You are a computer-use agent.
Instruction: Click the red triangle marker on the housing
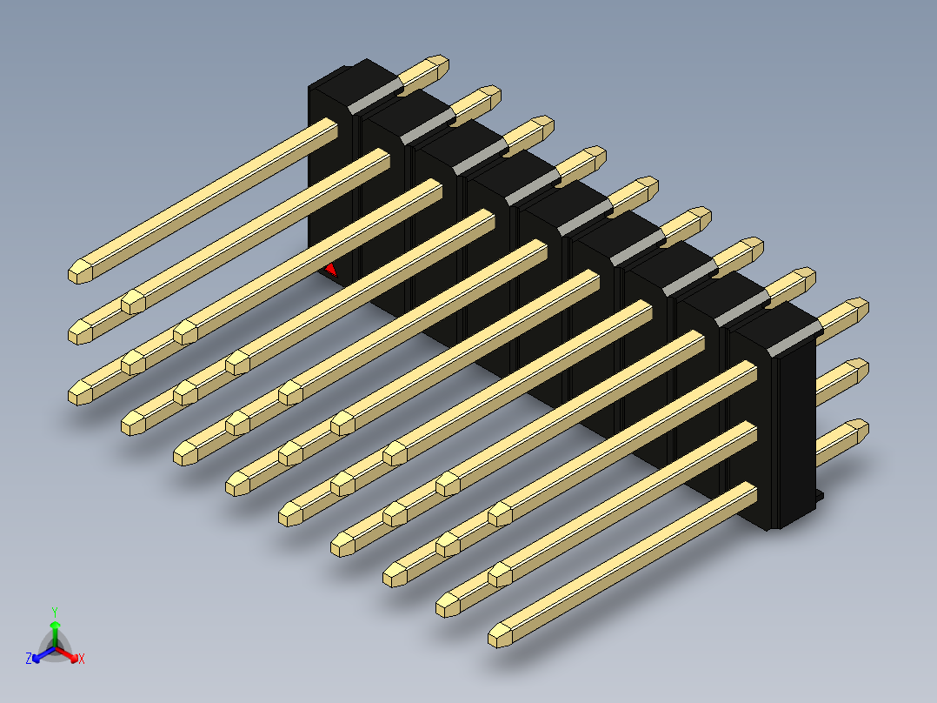[x=330, y=271]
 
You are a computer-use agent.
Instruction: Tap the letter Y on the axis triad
[x=55, y=612]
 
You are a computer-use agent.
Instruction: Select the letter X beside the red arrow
[x=82, y=659]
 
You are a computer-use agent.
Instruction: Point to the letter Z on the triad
[x=29, y=659]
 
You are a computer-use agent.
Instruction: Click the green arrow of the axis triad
[x=55, y=633]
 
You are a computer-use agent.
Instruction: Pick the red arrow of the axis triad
[x=67, y=653]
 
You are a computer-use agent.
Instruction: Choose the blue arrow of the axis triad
[x=43, y=654]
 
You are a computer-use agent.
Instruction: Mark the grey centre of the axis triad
[x=55, y=647]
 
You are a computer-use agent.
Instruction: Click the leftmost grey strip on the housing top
[x=375, y=96]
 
